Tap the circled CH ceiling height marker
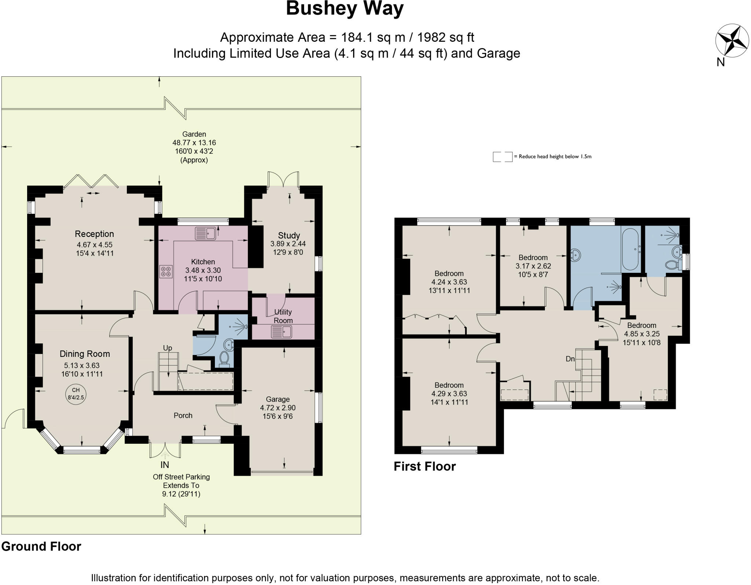76,394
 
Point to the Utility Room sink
281,332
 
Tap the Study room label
289,235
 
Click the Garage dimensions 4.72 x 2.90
278,408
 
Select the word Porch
183,415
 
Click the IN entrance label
165,465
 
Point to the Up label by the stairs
167,348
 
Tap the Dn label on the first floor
570,359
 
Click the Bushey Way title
344,9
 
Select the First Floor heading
425,466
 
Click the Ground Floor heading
41,546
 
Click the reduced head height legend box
502,157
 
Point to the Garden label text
194,134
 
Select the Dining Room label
85,354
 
